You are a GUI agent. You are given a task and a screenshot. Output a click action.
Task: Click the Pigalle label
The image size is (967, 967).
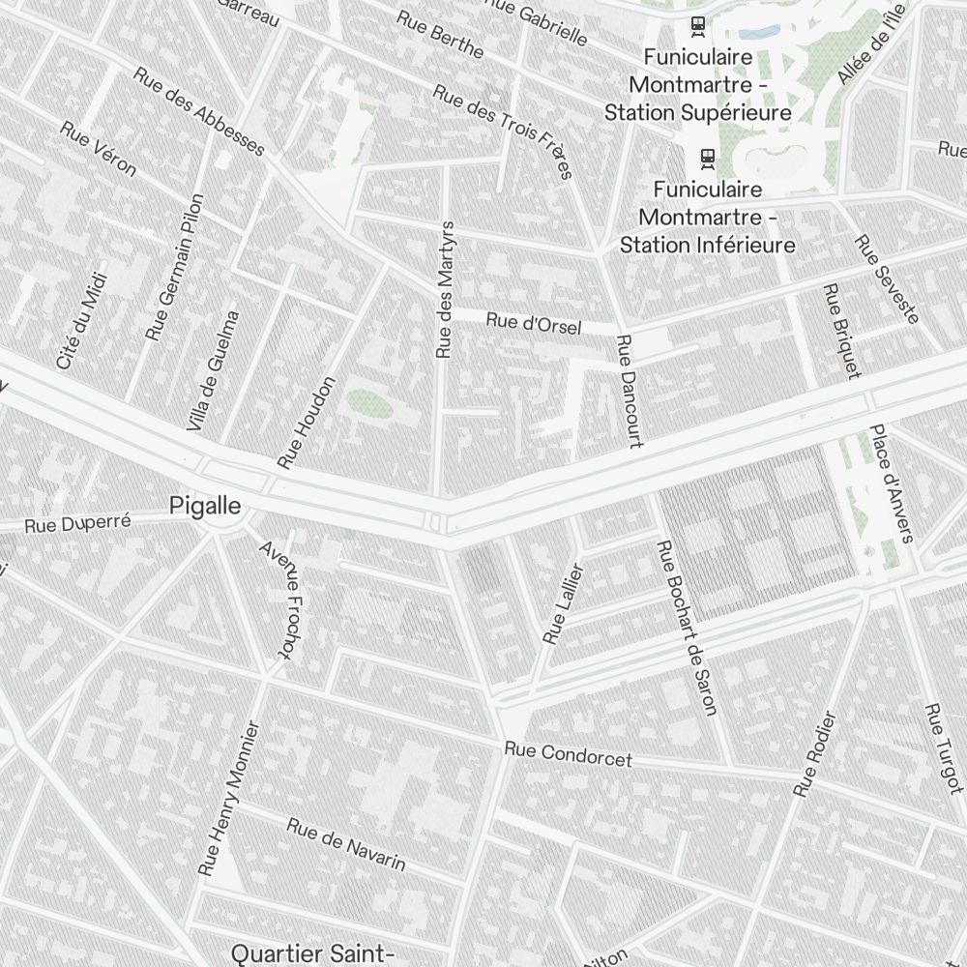(204, 505)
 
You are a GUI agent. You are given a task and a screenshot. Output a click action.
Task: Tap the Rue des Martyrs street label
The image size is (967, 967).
(445, 290)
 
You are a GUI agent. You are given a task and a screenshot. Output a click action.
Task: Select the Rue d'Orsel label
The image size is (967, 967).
(534, 324)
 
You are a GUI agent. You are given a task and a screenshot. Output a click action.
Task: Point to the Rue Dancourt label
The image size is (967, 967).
(629, 391)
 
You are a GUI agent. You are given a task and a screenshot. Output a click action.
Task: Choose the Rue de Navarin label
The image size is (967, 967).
(346, 844)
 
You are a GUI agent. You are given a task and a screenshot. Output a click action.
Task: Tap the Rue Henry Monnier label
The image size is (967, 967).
(230, 799)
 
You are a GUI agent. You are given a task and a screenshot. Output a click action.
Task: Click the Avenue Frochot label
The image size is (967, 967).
(276, 600)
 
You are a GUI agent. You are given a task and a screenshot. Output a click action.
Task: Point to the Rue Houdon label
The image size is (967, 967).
(306, 423)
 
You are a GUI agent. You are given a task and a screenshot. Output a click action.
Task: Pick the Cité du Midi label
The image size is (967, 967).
(81, 320)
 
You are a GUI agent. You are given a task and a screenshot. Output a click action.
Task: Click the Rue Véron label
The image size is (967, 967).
(98, 148)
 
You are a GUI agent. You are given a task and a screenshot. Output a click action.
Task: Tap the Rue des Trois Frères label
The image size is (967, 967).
(503, 132)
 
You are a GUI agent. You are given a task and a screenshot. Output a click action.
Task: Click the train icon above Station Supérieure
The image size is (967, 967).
(697, 25)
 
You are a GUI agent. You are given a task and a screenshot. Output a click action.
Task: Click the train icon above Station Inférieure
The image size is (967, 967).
(708, 156)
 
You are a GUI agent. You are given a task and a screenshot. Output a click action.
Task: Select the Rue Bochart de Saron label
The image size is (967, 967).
(687, 628)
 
